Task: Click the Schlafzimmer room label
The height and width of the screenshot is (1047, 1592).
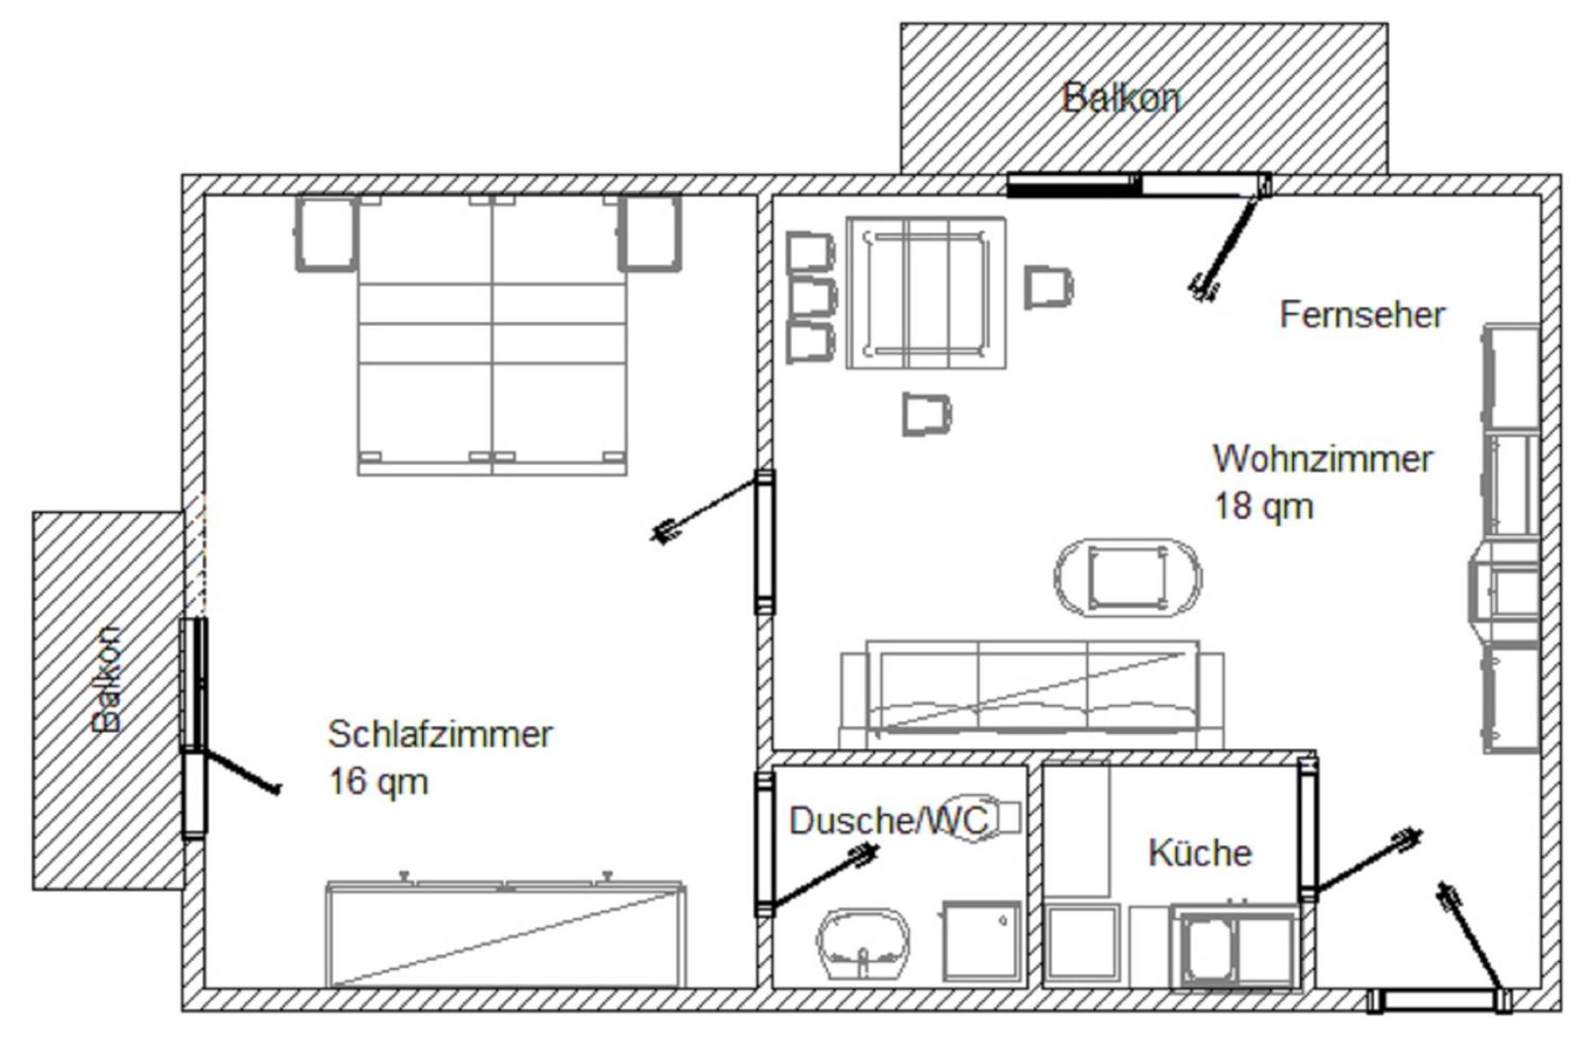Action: (440, 734)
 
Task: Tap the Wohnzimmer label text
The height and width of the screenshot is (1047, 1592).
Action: (1322, 459)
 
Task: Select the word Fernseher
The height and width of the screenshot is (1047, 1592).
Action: (1362, 315)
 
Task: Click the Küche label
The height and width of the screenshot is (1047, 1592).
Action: (1200, 853)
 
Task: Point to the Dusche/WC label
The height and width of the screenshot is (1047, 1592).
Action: (889, 820)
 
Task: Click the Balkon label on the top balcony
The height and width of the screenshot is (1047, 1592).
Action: (1121, 98)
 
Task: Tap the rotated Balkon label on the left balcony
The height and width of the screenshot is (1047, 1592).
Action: (107, 680)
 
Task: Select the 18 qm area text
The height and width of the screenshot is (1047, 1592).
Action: (1264, 506)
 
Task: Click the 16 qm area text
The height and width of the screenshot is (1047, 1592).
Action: (378, 781)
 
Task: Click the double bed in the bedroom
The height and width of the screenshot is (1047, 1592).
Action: (492, 335)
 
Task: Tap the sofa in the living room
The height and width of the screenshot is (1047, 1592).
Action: (1032, 694)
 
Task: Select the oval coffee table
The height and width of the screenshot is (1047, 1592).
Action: (1128, 578)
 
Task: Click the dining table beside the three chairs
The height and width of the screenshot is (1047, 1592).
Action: (926, 293)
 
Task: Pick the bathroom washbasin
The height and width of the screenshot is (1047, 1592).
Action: (863, 943)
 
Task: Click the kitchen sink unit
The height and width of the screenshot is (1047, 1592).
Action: (1234, 945)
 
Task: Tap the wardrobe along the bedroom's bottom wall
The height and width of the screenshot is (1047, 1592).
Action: (505, 935)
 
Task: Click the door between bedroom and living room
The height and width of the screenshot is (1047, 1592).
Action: (764, 542)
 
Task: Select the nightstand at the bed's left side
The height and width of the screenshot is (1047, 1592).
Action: (326, 234)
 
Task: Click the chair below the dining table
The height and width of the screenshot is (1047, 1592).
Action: (927, 414)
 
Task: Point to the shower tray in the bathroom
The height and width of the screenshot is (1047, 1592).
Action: (981, 941)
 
